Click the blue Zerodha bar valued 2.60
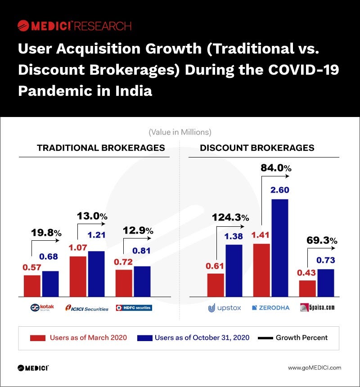pos(279,247)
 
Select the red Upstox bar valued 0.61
pos(216,285)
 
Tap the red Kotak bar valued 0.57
pos(32,286)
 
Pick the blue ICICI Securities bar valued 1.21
pos(96,274)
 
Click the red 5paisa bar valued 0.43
pos(307,288)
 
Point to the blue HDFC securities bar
pos(142,281)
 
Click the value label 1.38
pos(234,236)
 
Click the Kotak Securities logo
pos(42,308)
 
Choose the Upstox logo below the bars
pos(225,308)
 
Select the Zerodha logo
pos(270,308)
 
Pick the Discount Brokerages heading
pos(257,148)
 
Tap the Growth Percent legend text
pos(301,337)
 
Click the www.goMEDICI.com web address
pos(315,368)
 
